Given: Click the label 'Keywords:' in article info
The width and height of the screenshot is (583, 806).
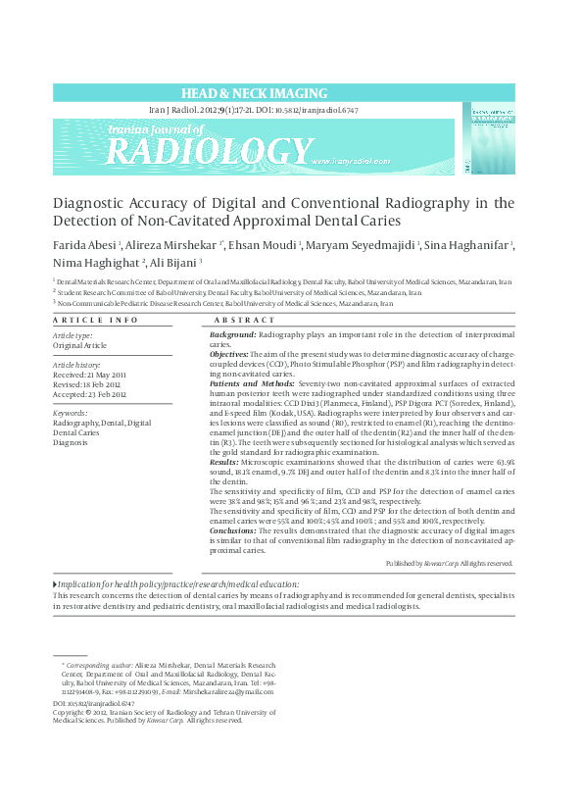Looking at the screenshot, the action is click(72, 414).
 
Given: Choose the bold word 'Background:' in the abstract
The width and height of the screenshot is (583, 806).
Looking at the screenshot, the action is click(233, 335).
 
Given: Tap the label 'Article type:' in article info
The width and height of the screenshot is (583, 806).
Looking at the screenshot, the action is click(73, 336).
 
